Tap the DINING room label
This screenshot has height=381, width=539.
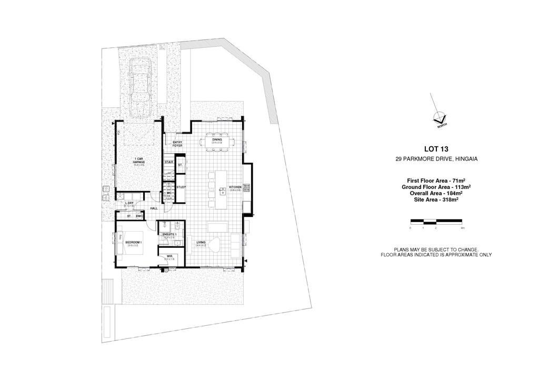tap(217, 139)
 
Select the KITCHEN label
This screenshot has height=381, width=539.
tap(235, 187)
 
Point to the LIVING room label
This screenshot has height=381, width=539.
tap(201, 243)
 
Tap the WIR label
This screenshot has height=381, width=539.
tap(168, 256)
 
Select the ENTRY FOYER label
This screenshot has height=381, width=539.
tap(170, 144)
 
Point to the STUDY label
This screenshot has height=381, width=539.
tap(181, 187)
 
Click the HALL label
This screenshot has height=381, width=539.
tap(154, 208)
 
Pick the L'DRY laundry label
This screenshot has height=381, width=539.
tap(129, 203)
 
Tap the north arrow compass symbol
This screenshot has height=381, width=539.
tap(438, 118)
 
